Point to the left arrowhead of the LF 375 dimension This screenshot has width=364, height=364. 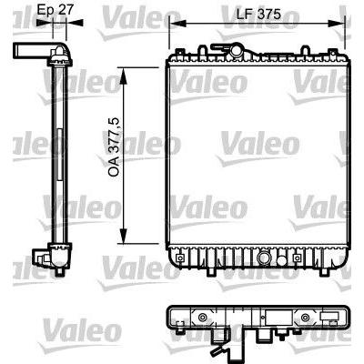pos(173,25)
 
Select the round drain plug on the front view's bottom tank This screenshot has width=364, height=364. pos(263,258)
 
